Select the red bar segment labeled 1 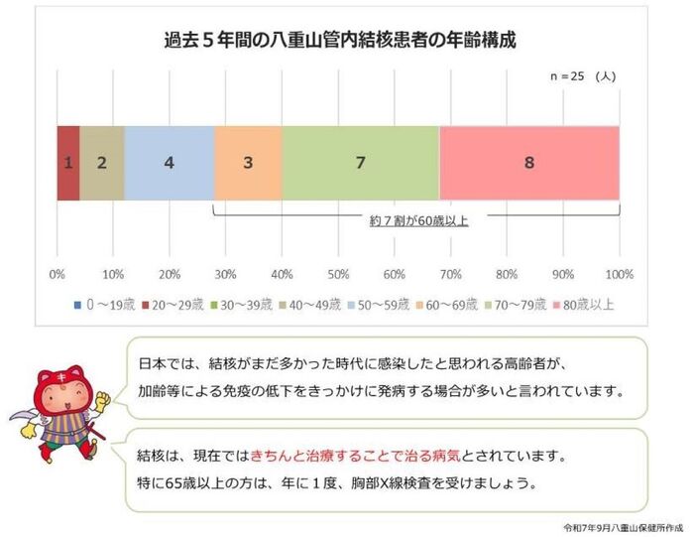click(67, 163)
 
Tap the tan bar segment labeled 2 click(101, 163)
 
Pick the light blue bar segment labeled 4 click(170, 163)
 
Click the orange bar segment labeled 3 click(248, 163)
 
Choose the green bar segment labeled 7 click(360, 163)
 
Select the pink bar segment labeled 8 click(529, 163)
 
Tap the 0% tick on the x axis click(58, 274)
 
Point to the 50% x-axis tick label click(339, 274)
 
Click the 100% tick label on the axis click(619, 274)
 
